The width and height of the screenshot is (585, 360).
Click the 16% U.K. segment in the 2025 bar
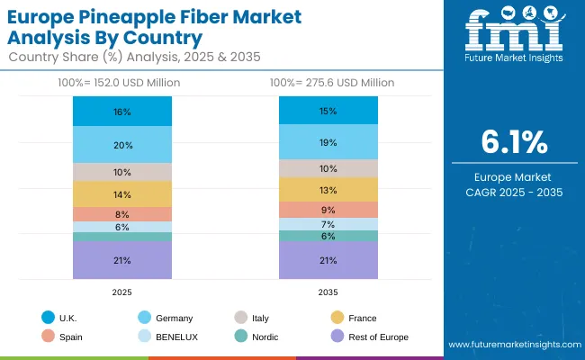coord(122,112)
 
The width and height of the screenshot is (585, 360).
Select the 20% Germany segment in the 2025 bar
coord(122,145)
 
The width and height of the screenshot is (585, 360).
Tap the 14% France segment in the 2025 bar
coord(122,194)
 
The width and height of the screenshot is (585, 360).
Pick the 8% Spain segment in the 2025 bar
coord(122,214)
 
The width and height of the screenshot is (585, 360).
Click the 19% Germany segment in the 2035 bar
coord(328,142)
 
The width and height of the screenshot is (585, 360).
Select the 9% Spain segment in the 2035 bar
coord(328,210)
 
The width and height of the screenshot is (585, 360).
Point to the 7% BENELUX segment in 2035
coord(328,224)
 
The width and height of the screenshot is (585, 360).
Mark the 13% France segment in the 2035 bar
coord(328,189)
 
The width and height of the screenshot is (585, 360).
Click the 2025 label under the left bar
coord(122,292)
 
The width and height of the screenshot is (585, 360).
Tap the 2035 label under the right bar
coord(328,292)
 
